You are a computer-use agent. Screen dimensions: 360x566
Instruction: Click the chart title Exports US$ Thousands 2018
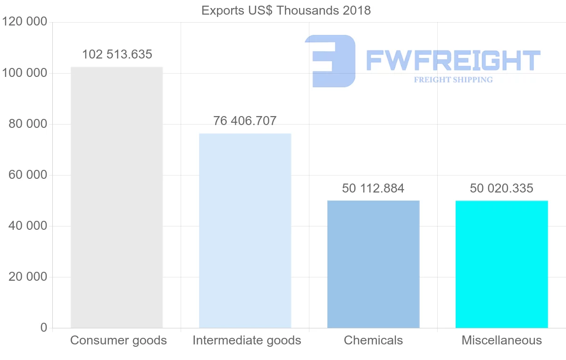(x=286, y=10)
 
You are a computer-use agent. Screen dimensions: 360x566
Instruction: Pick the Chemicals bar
(x=373, y=264)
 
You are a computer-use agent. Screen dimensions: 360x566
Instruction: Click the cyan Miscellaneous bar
(x=501, y=264)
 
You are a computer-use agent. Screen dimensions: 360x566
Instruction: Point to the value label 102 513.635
(x=117, y=54)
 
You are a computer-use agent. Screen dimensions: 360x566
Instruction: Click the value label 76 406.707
(x=245, y=121)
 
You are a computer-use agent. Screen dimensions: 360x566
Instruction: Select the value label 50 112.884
(x=373, y=188)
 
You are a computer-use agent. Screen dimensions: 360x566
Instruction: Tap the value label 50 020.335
(x=501, y=188)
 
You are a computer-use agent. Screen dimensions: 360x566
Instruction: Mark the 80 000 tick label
(x=28, y=124)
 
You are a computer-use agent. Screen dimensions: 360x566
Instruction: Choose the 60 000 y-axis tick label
(x=28, y=175)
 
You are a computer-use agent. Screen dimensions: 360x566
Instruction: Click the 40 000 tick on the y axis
(x=28, y=226)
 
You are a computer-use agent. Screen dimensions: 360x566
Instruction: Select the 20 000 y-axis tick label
(x=28, y=277)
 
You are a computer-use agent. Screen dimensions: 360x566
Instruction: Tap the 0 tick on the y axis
(x=44, y=327)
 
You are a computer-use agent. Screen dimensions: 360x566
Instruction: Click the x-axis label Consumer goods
(x=118, y=340)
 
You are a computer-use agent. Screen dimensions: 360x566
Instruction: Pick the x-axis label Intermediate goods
(x=247, y=340)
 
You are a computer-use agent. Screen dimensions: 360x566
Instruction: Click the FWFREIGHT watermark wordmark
(x=453, y=60)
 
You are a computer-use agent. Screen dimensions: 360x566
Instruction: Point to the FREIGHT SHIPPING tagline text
(x=453, y=80)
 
